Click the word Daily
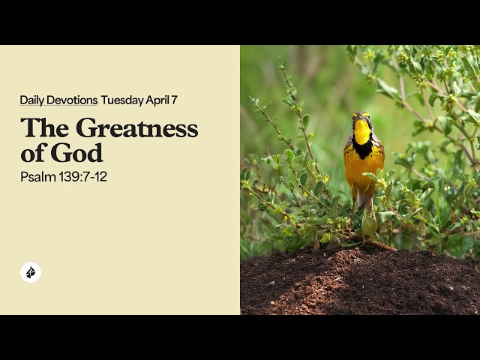coord(32,100)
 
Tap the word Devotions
coord(72,100)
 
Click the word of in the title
coord(33,153)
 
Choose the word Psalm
coord(36,177)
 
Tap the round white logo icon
coord(31,272)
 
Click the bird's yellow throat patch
coord(362,133)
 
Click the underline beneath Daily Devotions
coord(58,106)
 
